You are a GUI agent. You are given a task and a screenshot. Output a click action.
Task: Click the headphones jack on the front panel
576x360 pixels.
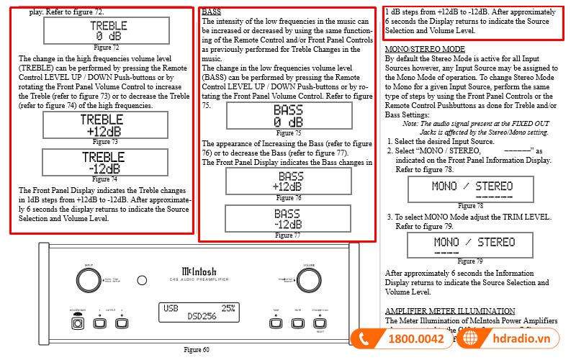tap(78, 323)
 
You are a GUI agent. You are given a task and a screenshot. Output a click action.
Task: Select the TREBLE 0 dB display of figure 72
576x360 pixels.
tap(107, 30)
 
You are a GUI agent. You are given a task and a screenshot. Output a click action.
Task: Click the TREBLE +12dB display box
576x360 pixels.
tap(105, 125)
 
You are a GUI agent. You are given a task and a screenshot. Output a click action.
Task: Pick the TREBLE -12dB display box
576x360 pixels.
tap(105, 162)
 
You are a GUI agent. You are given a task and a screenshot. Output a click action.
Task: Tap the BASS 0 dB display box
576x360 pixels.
tap(288, 115)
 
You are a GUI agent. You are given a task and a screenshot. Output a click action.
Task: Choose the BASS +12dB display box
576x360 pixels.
tap(289, 181)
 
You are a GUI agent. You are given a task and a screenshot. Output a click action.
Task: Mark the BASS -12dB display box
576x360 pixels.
tap(288, 219)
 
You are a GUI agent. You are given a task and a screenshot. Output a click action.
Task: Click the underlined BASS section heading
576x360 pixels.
tap(212, 12)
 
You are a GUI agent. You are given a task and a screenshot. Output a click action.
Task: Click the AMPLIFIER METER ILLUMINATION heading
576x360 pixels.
tap(446, 310)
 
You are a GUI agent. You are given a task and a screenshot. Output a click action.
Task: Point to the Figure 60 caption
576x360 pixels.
tap(196, 350)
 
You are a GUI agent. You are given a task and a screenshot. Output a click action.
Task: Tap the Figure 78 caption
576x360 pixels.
tap(466, 206)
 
